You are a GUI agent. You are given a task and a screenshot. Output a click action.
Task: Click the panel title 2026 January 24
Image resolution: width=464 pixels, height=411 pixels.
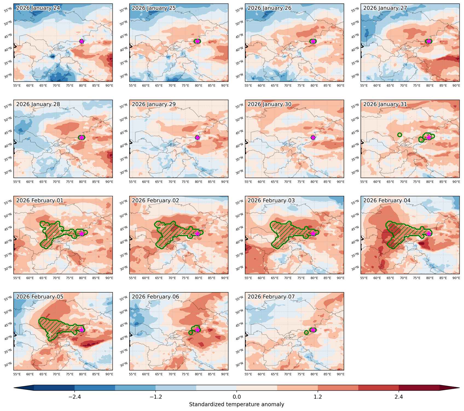[x=38, y=8]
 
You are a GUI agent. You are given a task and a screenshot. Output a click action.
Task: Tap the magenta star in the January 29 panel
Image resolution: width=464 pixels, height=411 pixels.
[x=198, y=138]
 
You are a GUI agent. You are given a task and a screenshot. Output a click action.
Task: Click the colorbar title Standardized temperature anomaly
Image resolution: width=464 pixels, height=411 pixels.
[x=237, y=404]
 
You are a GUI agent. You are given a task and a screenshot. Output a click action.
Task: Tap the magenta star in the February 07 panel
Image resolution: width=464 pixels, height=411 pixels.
[x=313, y=330]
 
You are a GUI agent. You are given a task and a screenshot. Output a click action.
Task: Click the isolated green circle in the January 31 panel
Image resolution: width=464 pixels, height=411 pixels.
[x=400, y=135]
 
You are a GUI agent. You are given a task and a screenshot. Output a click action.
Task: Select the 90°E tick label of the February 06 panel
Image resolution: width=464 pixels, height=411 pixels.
[x=225, y=374]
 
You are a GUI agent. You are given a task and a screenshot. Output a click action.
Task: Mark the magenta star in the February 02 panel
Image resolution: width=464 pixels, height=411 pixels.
[x=198, y=233]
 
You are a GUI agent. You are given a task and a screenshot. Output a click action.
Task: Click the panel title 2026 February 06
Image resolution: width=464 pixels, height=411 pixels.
[x=155, y=297]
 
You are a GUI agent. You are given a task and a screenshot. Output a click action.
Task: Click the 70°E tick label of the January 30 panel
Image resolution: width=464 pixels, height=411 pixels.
[x=288, y=182]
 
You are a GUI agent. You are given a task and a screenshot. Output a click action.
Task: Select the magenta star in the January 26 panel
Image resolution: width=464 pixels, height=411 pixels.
[x=313, y=41]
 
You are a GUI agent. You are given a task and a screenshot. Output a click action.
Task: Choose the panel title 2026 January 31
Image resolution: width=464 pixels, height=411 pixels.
[x=385, y=104]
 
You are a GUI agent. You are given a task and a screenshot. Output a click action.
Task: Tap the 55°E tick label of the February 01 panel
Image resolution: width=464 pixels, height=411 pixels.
[x=17, y=278]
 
